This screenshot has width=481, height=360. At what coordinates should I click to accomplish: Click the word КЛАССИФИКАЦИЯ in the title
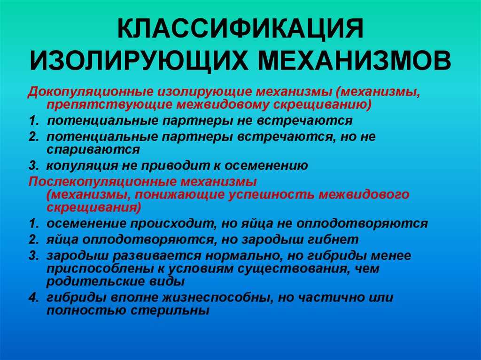coord(240,29)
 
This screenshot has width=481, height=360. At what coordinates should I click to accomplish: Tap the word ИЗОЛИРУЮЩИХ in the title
coord(139,61)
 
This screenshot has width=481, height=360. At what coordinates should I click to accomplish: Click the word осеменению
coord(266,166)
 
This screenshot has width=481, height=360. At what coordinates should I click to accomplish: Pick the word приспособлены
coord(102,269)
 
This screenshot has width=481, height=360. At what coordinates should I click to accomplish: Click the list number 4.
coord(33,298)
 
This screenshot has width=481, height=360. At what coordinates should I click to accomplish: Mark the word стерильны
coord(170,311)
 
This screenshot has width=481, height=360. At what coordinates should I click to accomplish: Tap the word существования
coord(295,269)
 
